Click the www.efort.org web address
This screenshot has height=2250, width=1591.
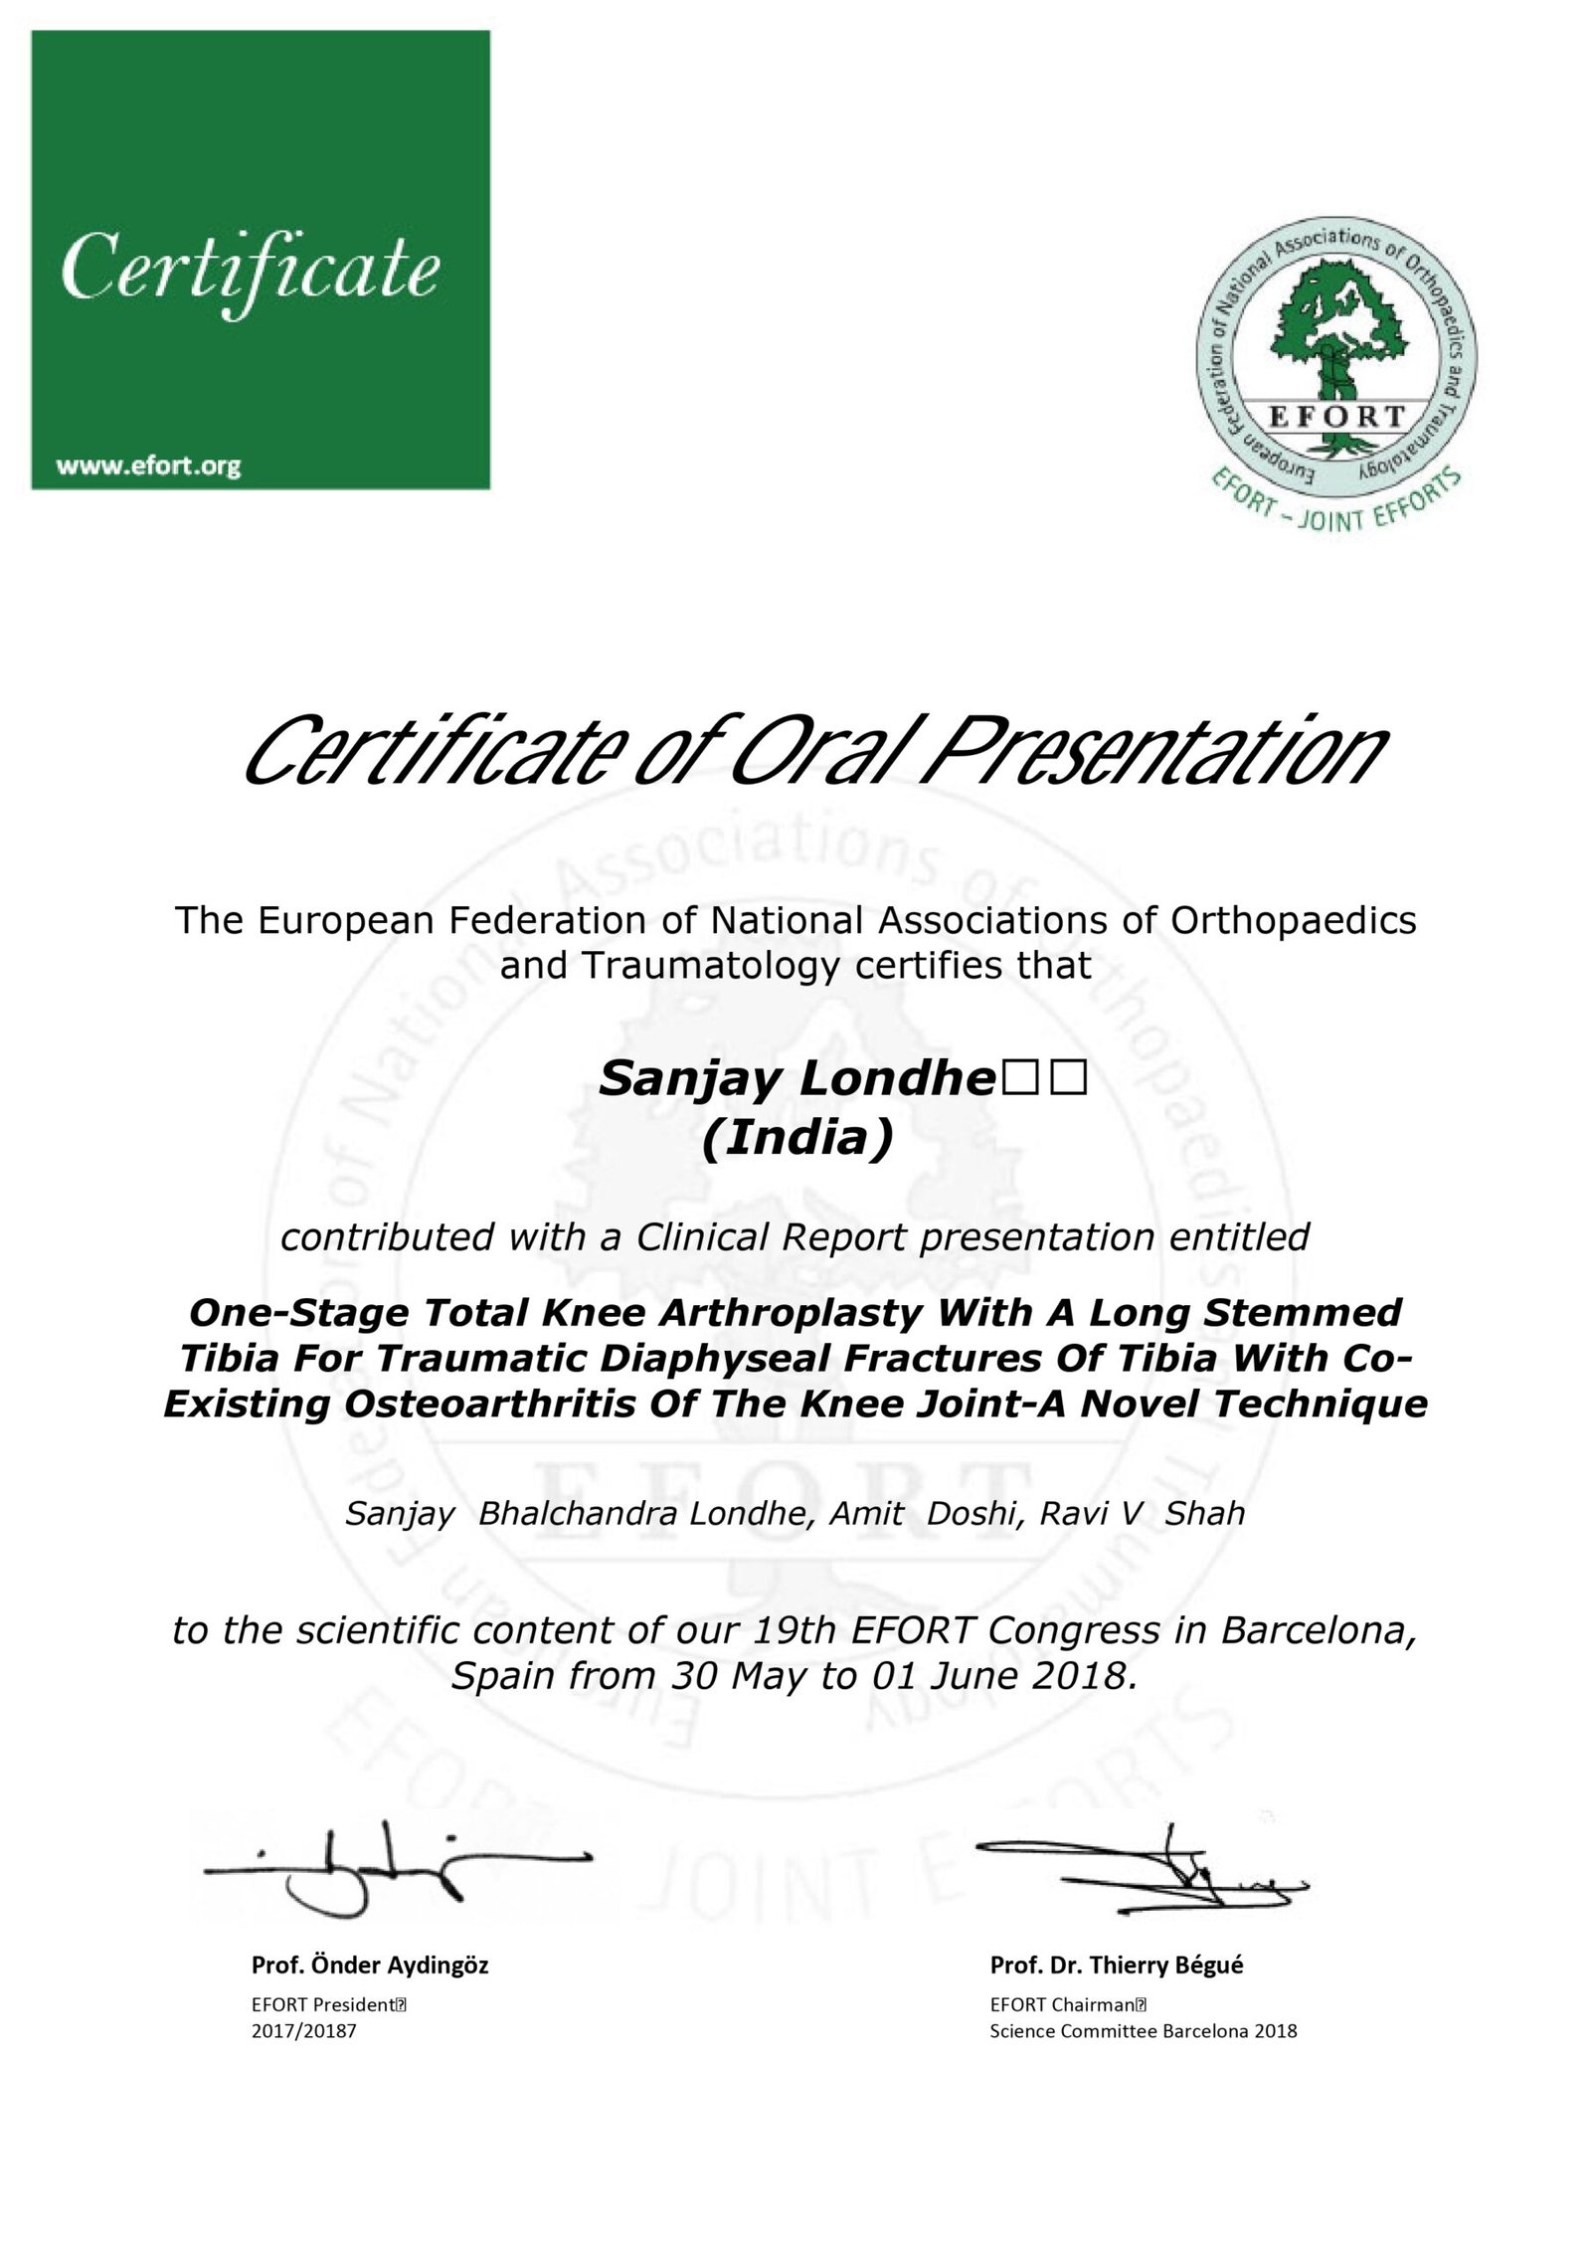coord(148,467)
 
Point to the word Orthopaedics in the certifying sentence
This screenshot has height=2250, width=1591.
coord(1294,920)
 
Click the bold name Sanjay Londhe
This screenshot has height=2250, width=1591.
coord(792,1080)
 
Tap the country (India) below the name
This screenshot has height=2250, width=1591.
coord(797,1139)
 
